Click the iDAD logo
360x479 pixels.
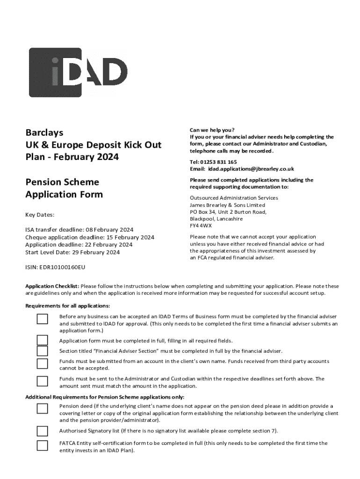point(78,72)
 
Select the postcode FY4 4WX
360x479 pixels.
point(201,225)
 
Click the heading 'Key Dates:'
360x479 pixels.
point(40,215)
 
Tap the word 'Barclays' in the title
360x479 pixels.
point(44,133)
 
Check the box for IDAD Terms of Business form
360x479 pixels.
point(43,319)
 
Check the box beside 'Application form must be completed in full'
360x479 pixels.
point(43,340)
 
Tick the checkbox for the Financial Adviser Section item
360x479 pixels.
point(43,351)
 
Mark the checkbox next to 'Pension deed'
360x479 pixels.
point(43,409)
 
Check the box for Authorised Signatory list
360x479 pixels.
point(43,431)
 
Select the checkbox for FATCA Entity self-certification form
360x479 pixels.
point(43,445)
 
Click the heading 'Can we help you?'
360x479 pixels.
point(212,130)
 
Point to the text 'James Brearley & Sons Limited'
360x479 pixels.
point(227,205)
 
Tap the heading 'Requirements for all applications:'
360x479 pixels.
point(67,306)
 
